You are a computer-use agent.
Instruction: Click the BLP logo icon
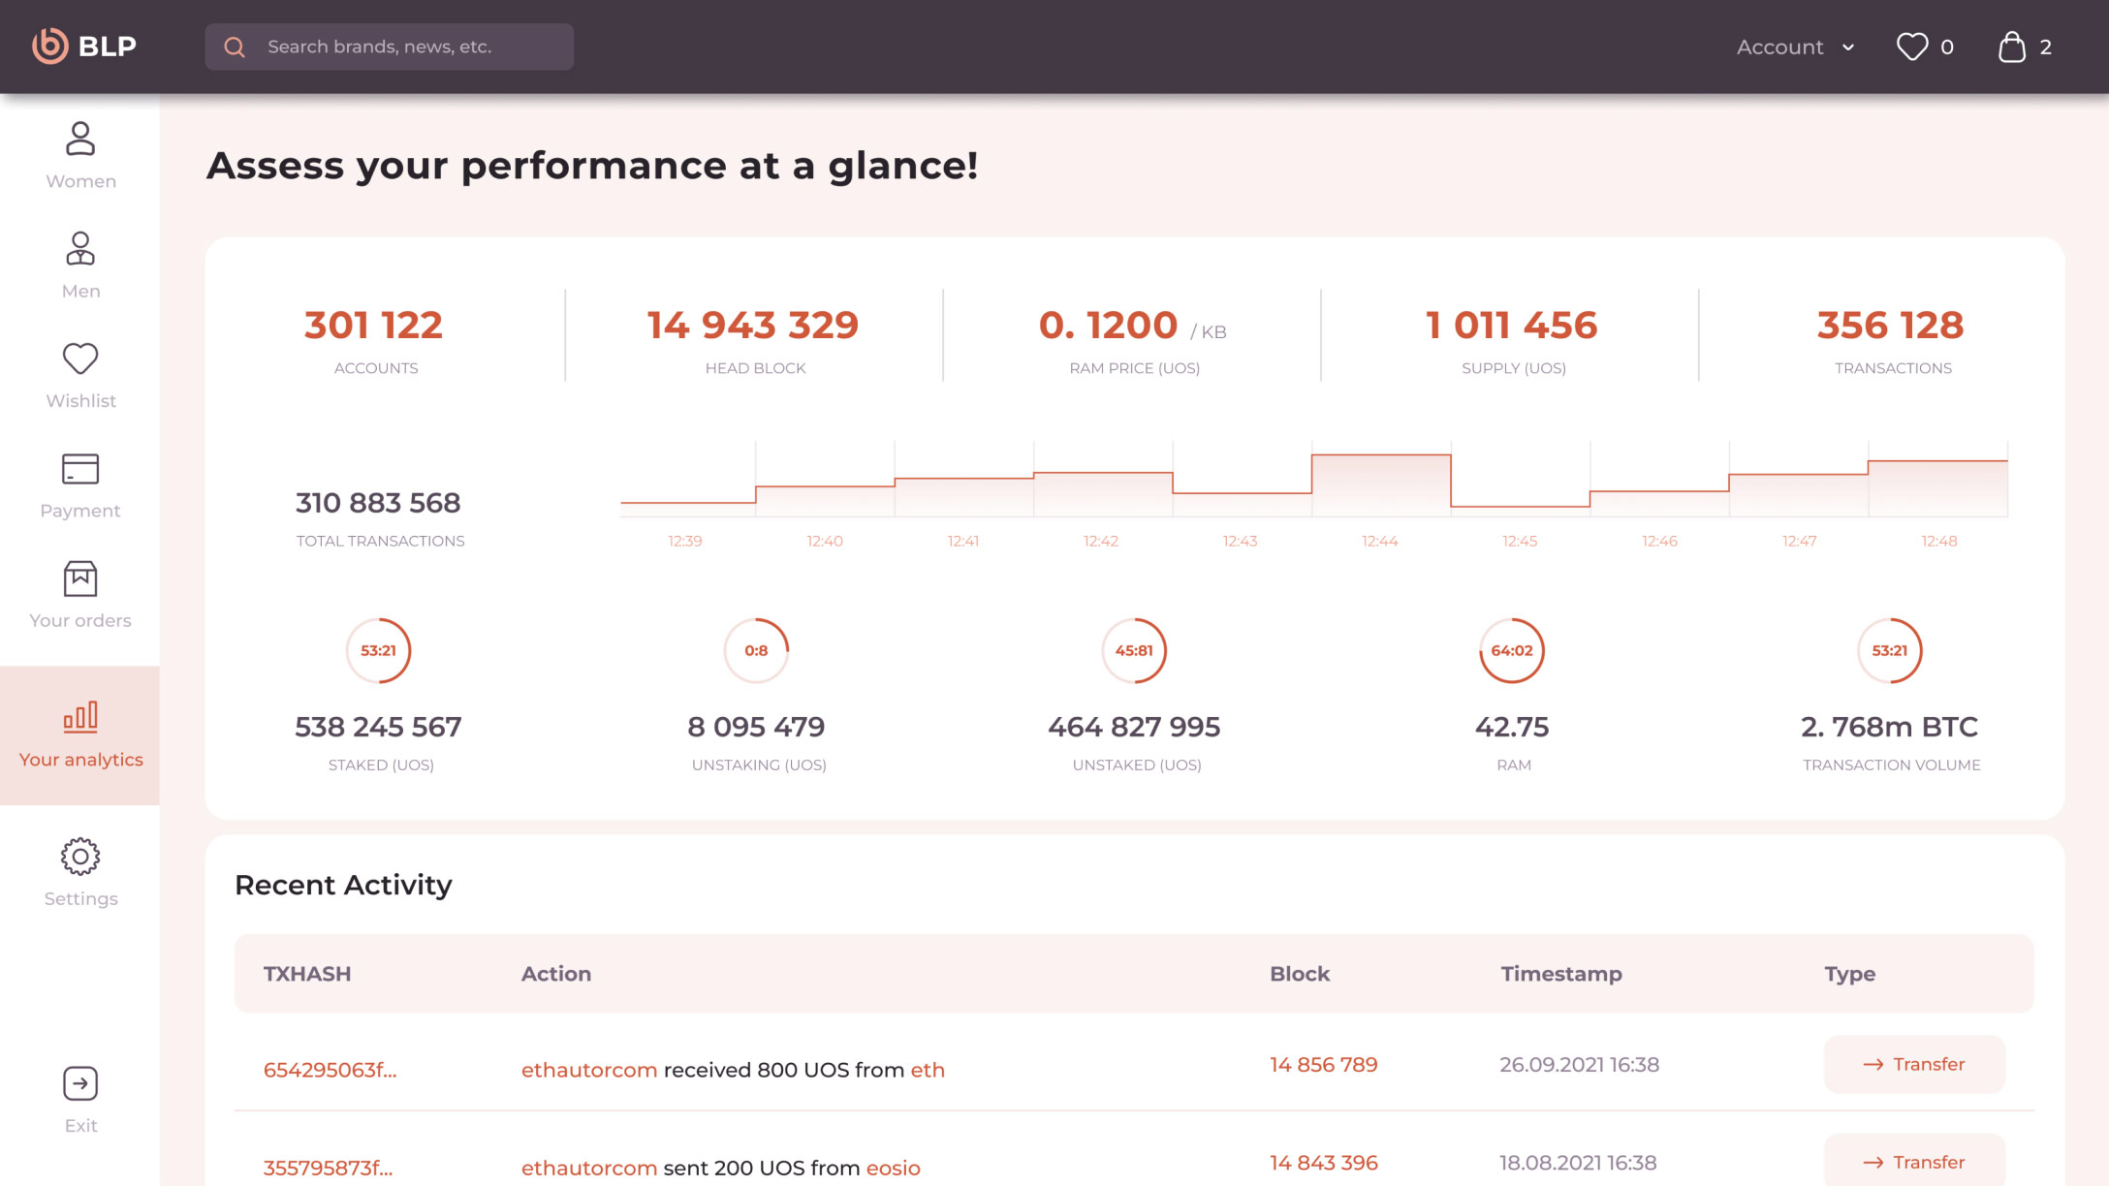point(50,46)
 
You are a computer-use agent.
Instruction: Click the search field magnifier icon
point(235,47)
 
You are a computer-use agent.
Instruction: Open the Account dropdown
point(1795,47)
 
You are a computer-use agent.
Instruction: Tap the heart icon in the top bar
point(1911,47)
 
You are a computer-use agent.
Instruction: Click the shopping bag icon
point(2012,47)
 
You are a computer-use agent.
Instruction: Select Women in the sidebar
point(80,155)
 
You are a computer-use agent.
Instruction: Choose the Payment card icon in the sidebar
point(80,469)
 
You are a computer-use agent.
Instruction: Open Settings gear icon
point(80,857)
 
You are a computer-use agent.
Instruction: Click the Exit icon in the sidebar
point(80,1083)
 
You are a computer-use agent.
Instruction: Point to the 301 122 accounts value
point(373,326)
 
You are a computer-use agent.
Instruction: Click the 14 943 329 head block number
point(753,326)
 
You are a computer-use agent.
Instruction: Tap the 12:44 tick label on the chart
point(1379,541)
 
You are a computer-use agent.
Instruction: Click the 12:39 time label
point(685,541)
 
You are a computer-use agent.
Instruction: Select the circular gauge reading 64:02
point(1512,650)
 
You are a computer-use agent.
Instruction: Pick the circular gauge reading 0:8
point(756,650)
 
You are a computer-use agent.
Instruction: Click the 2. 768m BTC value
point(1889,727)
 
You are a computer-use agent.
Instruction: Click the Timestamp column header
point(1560,974)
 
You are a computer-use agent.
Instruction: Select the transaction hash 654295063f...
point(330,1070)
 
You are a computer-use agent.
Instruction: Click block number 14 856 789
point(1323,1064)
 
